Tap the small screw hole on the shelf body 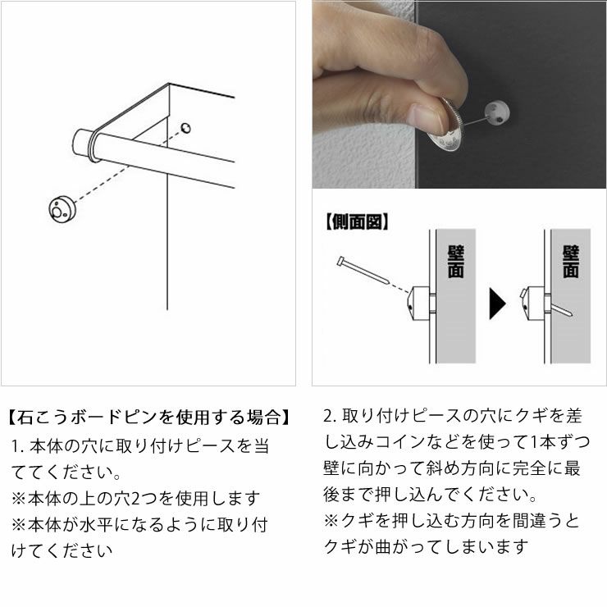186,128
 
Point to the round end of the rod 84,143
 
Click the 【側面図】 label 357,221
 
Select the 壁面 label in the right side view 571,260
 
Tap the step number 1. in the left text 18,447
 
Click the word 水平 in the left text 102,524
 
